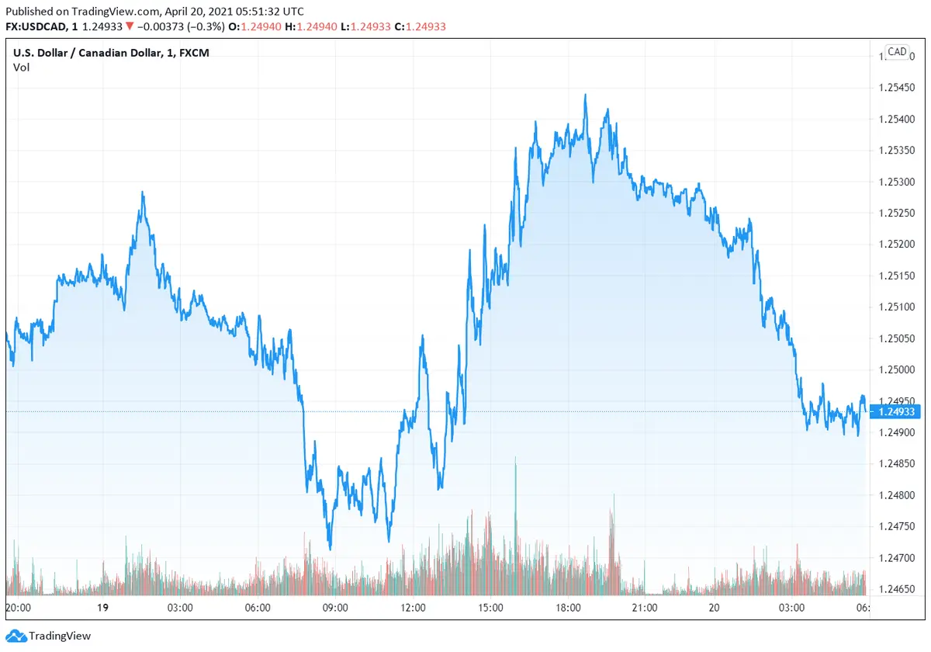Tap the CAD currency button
[x=897, y=52]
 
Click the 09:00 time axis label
[x=335, y=608]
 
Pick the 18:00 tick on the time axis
[x=568, y=608]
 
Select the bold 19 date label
[x=102, y=608]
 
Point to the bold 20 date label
[x=714, y=608]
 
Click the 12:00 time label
[x=413, y=608]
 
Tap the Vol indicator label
[x=21, y=68]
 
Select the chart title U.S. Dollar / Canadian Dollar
[x=89, y=53]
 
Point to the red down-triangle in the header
[x=129, y=26]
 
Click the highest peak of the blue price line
[x=585, y=95]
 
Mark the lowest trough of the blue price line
[x=330, y=549]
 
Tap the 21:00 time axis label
[x=645, y=608]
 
